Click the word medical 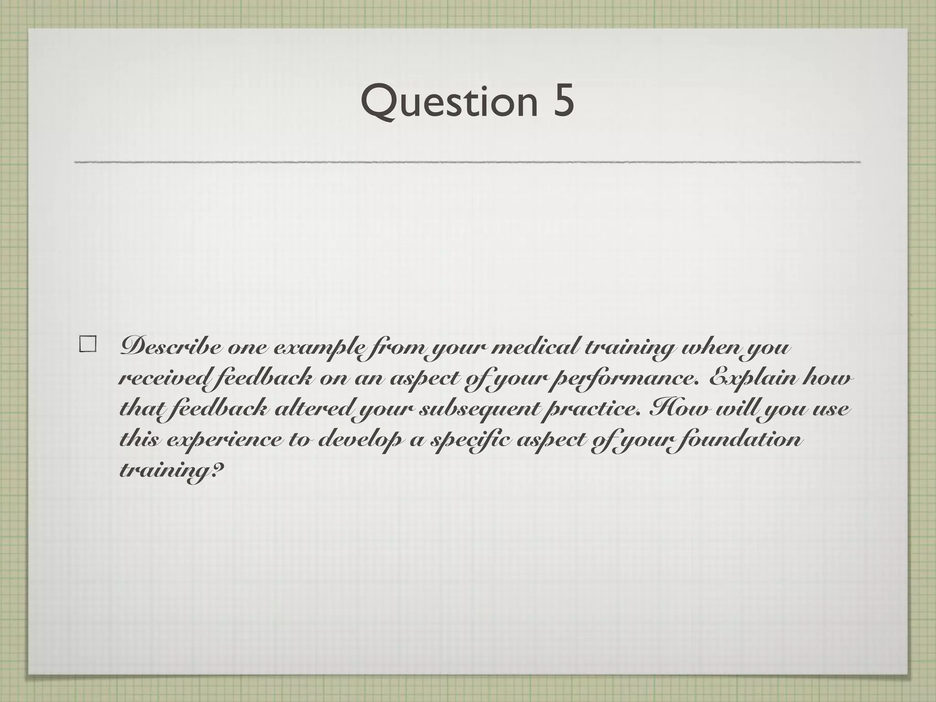pyautogui.click(x=532, y=348)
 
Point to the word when pyautogui.click(x=715, y=348)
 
